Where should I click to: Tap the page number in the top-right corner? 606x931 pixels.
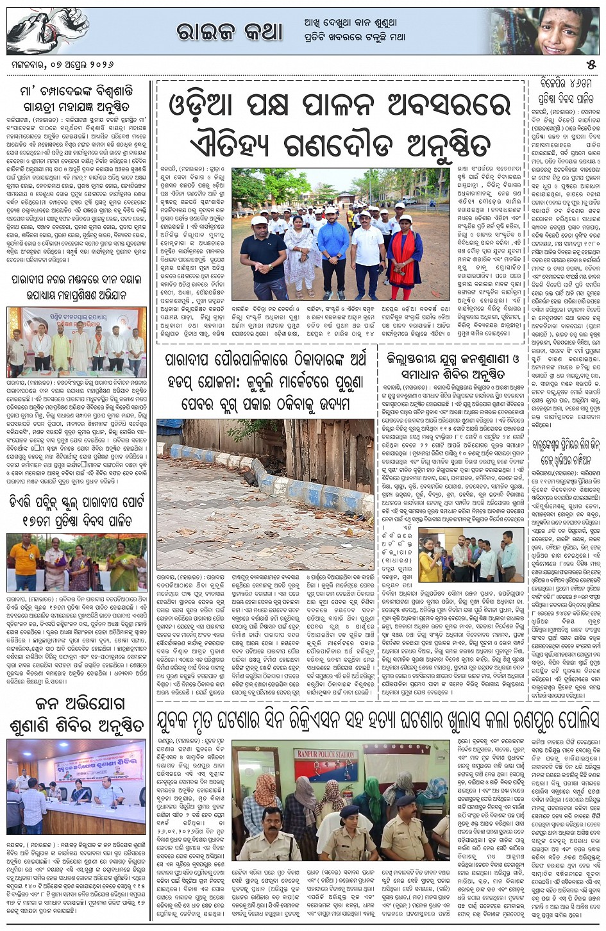coord(591,65)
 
